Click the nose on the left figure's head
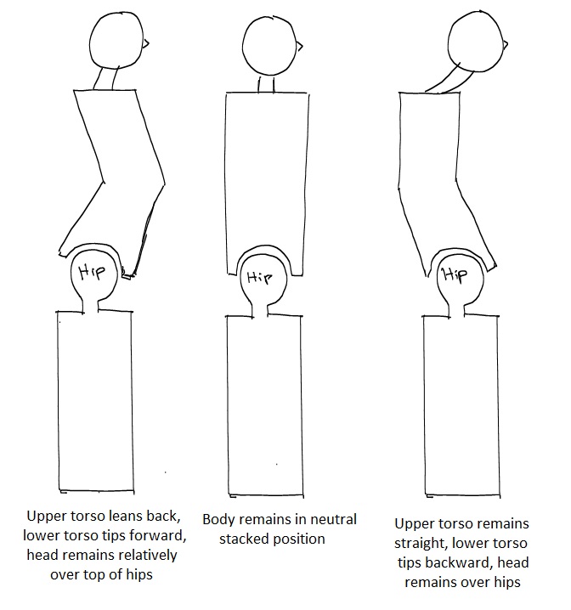[x=148, y=42]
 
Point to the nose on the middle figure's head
[x=298, y=45]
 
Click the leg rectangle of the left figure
[x=95, y=399]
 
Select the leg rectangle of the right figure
[x=460, y=404]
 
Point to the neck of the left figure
[x=107, y=79]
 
